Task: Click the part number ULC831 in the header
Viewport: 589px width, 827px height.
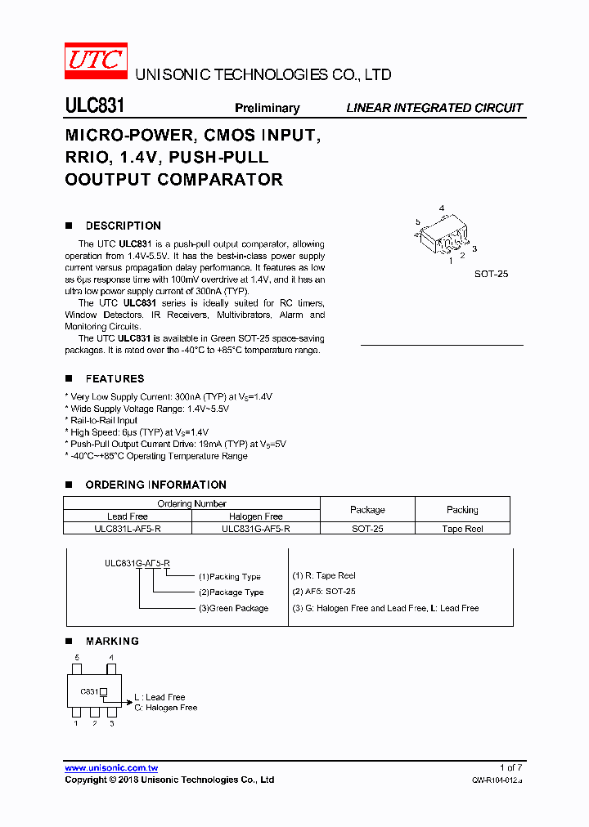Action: coord(94,107)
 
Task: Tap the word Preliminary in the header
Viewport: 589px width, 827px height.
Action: coord(267,108)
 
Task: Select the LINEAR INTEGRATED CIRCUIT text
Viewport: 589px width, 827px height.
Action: coord(434,108)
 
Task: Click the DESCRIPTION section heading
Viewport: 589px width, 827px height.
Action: coord(123,226)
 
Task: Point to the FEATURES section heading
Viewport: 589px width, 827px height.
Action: coord(115,378)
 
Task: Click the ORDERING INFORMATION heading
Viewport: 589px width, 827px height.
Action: coord(155,485)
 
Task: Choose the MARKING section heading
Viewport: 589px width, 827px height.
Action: coord(112,641)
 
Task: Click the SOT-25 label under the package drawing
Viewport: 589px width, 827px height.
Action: coord(491,274)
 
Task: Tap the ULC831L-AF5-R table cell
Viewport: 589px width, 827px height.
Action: coord(128,529)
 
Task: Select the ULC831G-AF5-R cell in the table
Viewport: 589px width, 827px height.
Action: coord(255,529)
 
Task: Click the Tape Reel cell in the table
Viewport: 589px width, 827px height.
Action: coord(462,529)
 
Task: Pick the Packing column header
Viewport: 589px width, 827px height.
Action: coord(462,509)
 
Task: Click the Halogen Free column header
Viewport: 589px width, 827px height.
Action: coord(255,516)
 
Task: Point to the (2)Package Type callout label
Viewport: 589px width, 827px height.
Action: coord(231,592)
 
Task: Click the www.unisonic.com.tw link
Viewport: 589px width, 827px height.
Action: coord(111,767)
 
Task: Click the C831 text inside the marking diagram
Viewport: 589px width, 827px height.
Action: coord(89,691)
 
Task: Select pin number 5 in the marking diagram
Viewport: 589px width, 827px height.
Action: coord(77,657)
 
